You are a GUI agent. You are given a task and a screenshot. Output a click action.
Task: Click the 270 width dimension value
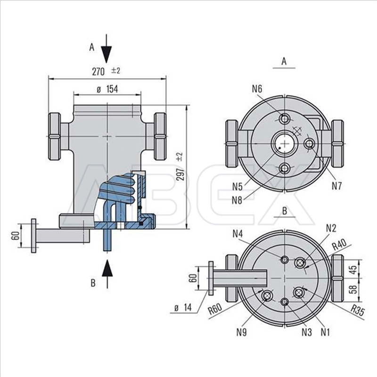pos(98,71)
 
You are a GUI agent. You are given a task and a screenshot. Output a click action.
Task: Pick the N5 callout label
pos(238,186)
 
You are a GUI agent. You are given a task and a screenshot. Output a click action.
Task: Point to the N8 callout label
pos(238,199)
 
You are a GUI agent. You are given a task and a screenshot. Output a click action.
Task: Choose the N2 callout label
pos(331,228)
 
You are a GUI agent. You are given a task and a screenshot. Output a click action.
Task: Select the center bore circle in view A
pos(285,142)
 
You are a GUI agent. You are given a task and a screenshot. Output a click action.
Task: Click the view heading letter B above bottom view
pos(284,211)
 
